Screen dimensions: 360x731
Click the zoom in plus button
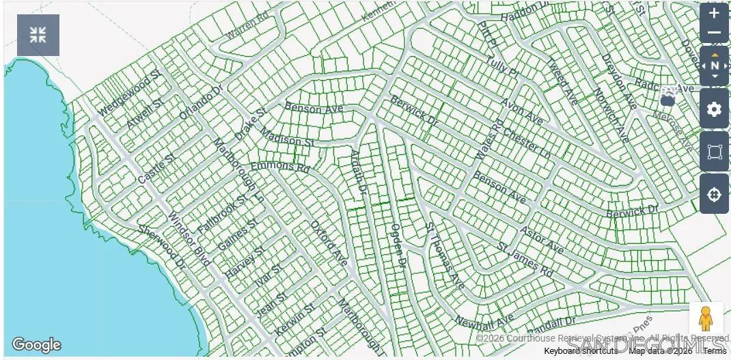click(714, 13)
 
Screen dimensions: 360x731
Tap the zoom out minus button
click(714, 33)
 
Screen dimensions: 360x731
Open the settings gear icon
click(714, 109)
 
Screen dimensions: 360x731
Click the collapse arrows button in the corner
click(38, 35)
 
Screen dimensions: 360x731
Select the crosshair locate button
click(714, 195)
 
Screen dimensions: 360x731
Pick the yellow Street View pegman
click(706, 319)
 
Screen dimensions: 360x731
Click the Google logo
click(36, 345)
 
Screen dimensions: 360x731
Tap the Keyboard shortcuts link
click(580, 351)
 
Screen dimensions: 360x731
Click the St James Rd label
click(525, 260)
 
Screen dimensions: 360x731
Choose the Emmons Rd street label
click(280, 167)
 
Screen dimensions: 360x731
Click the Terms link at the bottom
click(715, 351)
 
